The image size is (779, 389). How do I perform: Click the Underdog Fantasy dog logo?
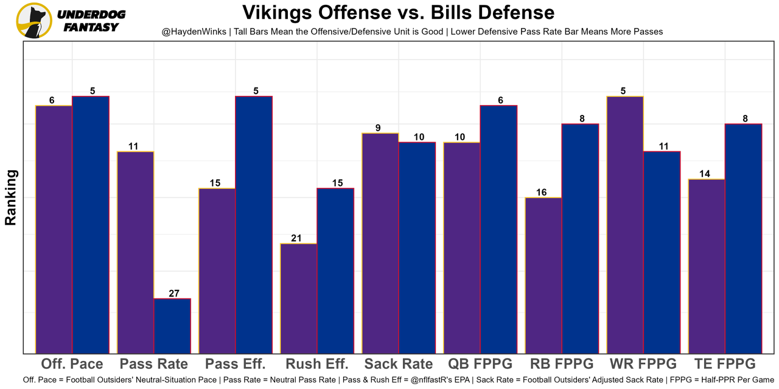pos(34,20)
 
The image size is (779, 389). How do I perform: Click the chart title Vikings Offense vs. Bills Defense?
pos(398,13)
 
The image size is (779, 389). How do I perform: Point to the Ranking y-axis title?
pos(11,198)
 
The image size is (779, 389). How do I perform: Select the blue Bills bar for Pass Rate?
pos(172,326)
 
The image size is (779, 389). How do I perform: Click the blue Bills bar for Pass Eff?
pos(254,224)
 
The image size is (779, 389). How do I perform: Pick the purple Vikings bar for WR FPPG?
pos(625,224)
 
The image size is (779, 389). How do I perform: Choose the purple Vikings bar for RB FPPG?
pos(543,275)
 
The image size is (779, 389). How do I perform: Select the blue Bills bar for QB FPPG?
pos(498,229)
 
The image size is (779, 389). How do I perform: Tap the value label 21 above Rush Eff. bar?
pos(296,238)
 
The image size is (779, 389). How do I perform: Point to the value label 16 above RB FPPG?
pos(541,192)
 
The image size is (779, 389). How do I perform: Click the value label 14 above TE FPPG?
pos(705,174)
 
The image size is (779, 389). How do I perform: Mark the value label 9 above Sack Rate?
pos(378,128)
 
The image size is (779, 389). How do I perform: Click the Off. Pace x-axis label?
pos(72,364)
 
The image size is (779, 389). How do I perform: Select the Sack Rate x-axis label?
pos(399,364)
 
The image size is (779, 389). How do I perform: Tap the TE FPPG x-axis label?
pos(725,364)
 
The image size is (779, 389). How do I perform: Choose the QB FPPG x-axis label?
pos(480,364)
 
